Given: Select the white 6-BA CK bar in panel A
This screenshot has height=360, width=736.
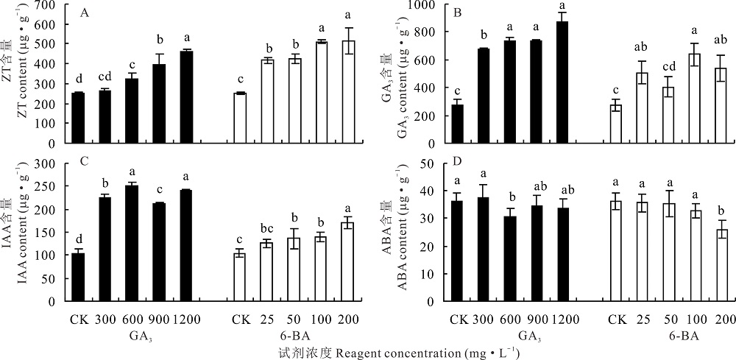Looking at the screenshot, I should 238,118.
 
